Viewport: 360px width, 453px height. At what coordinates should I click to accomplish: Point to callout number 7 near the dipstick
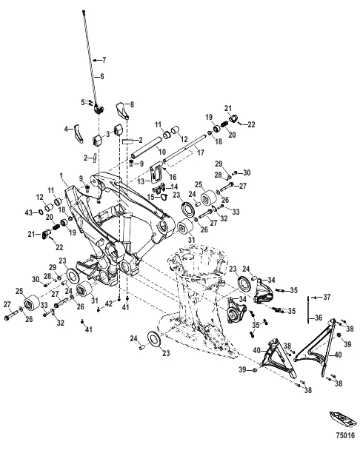coord(104,58)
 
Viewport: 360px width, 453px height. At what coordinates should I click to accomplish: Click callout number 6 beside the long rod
coord(102,76)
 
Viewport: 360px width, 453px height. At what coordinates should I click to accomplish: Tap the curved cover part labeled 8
coord(121,111)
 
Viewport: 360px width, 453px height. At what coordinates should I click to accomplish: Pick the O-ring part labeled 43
coord(39,213)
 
